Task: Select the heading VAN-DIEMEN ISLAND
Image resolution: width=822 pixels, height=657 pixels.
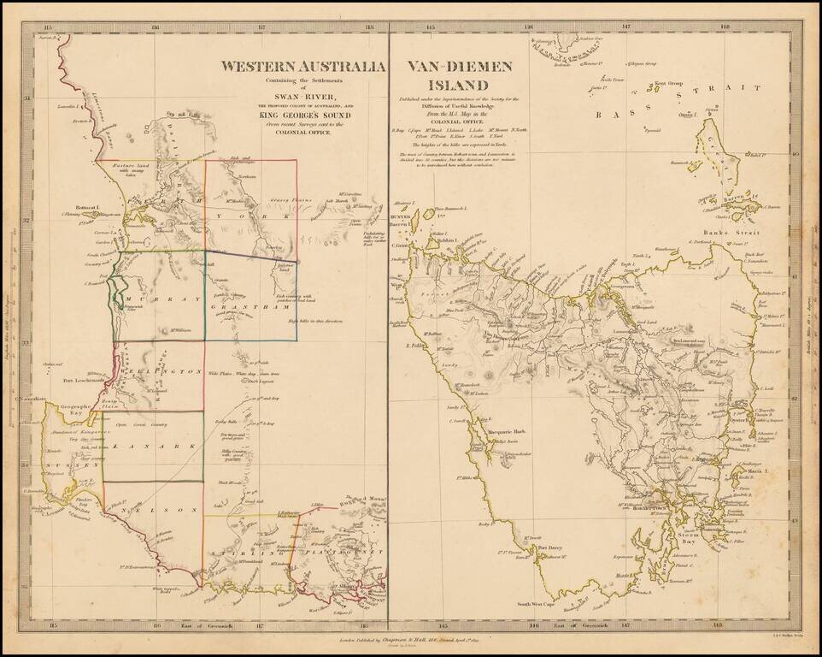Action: pos(448,75)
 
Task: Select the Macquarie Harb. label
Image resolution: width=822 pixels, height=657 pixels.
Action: pos(486,432)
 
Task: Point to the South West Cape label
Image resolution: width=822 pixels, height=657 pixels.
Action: pos(538,604)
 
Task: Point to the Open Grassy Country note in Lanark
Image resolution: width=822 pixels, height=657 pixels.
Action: pos(141,423)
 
